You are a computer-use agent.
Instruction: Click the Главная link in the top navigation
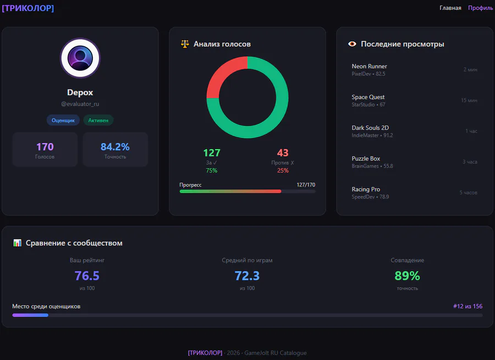[450, 8]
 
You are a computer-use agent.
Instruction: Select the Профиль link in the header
[480, 8]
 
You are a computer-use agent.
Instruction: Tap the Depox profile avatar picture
[80, 58]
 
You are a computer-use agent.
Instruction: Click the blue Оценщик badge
[63, 120]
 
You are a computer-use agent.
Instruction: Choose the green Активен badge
[98, 120]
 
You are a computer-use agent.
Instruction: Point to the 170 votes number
[45, 147]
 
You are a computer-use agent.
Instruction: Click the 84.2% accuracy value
[115, 147]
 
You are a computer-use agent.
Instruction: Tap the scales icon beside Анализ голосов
[185, 44]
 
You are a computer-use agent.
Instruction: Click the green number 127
[212, 153]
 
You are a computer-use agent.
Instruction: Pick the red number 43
[283, 153]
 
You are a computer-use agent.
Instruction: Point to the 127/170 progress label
[306, 185]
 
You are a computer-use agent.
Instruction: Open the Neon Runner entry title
[369, 67]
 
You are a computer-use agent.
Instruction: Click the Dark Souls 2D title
[370, 128]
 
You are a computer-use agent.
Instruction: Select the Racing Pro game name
[366, 189]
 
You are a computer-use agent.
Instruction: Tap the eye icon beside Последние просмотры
[352, 44]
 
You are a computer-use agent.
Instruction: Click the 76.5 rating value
[87, 276]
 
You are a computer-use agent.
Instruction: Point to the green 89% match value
[407, 276]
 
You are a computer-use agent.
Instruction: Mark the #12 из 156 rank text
[468, 306]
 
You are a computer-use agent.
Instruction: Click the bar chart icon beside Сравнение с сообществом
[17, 243]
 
